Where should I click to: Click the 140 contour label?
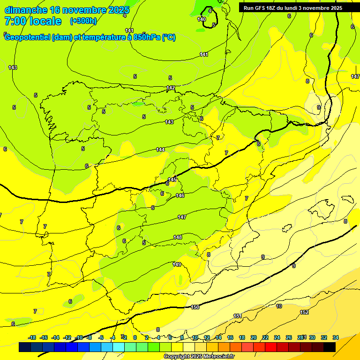[202, 19]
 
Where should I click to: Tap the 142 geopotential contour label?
[171, 88]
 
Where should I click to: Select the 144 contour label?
[160, 150]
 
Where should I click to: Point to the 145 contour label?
[172, 180]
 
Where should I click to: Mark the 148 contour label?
[178, 237]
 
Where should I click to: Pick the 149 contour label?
[177, 265]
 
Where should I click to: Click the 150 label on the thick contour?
[195, 307]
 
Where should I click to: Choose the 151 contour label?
[238, 316]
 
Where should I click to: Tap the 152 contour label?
[304, 312]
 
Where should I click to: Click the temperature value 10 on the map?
[279, 306]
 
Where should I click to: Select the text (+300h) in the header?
[83, 21]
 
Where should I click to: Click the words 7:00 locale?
[33, 21]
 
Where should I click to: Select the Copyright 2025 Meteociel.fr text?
[199, 356]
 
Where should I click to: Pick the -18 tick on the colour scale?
[32, 337]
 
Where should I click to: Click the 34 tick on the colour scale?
[336, 337]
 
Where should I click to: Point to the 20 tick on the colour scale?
[254, 337]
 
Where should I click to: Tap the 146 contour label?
[180, 195]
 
